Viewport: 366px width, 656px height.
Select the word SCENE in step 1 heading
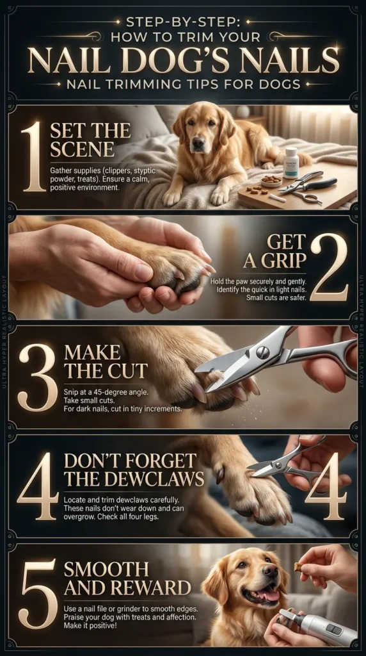(82, 151)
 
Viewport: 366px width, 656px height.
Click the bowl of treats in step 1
(271, 180)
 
